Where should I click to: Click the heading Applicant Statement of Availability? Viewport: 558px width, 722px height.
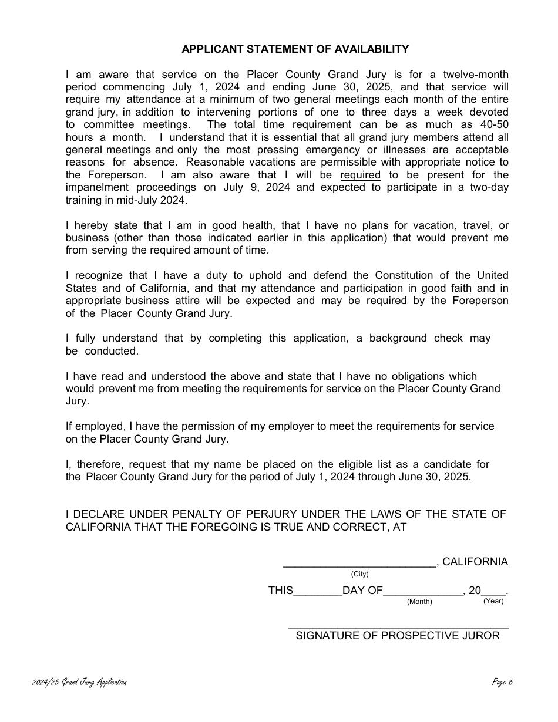point(295,49)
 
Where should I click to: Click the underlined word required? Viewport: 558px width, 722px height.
point(361,175)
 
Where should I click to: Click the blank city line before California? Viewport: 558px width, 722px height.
point(359,562)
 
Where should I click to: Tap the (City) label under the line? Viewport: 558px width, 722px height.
point(359,574)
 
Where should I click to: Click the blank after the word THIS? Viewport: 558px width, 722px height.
point(317,591)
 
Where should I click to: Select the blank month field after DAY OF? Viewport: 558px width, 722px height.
point(423,591)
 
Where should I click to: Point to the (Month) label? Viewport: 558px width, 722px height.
point(419,602)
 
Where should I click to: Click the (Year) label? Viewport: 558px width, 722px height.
point(493,601)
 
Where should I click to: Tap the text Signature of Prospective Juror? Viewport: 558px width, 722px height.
point(398,636)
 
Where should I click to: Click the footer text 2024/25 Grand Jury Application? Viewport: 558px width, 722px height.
point(79,683)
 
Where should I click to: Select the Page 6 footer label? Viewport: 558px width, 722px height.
point(503,683)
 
